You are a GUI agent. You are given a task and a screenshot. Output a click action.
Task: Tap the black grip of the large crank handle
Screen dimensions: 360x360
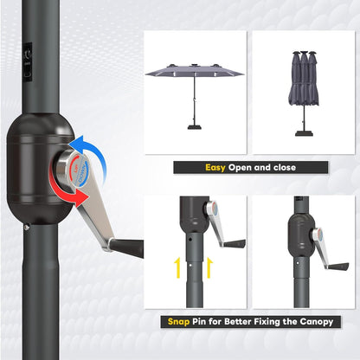(127, 247)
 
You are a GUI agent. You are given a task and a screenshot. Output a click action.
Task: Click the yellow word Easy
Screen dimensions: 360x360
(215, 168)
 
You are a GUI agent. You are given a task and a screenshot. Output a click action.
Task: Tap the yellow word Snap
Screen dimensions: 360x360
(182, 322)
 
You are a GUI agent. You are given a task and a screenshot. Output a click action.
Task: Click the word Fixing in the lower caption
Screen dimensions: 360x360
(273, 322)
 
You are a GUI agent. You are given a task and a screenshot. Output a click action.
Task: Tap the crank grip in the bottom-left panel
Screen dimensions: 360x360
(233, 244)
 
